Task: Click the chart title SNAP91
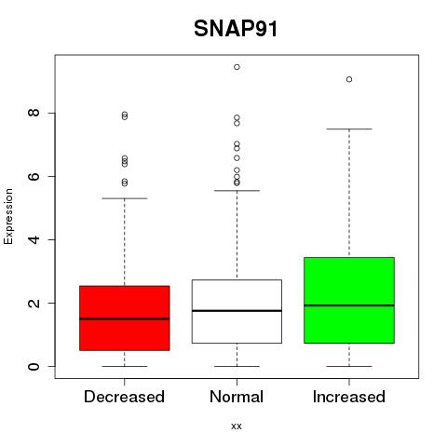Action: [x=236, y=29]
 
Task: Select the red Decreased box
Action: [x=125, y=318]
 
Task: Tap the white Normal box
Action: [x=237, y=311]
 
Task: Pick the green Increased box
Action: [x=349, y=300]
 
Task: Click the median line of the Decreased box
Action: [x=125, y=318]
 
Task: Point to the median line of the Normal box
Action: [x=237, y=310]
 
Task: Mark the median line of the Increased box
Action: [x=349, y=305]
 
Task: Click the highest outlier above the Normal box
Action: [x=237, y=67]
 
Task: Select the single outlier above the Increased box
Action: [x=349, y=79]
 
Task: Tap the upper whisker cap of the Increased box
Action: [x=349, y=129]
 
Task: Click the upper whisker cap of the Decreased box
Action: [x=125, y=198]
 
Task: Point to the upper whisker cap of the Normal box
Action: [x=237, y=191]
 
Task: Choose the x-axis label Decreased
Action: [x=124, y=397]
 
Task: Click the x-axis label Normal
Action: [x=237, y=397]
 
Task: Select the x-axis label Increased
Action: [x=349, y=397]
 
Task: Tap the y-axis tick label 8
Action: [x=34, y=113]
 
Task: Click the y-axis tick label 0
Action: [x=34, y=366]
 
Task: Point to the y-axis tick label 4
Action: [x=34, y=239]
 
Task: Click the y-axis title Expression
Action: [x=8, y=217]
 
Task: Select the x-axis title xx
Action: [x=237, y=427]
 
